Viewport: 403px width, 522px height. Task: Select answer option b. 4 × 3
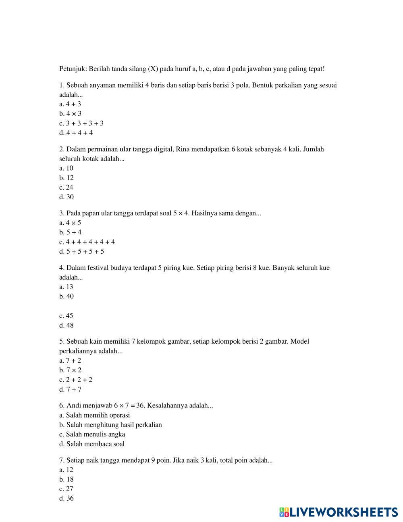point(70,114)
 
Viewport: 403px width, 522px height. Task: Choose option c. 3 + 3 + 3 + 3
point(81,123)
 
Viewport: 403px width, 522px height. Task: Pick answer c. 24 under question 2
point(66,188)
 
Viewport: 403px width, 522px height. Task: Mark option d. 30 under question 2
point(66,197)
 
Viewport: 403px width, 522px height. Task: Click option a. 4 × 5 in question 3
point(70,223)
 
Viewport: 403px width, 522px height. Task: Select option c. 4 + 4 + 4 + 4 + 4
point(87,242)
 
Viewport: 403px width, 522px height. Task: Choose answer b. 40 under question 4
point(66,296)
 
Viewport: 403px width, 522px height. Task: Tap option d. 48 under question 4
point(66,326)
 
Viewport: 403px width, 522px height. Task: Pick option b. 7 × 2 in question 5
point(70,370)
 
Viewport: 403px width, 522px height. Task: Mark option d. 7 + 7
point(70,390)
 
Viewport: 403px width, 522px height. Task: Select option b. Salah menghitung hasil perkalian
point(110,425)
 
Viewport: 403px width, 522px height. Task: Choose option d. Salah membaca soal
point(92,444)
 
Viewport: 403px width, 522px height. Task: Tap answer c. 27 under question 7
point(66,489)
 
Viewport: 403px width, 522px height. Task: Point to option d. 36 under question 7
point(66,499)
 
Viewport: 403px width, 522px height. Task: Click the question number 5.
point(61,342)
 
